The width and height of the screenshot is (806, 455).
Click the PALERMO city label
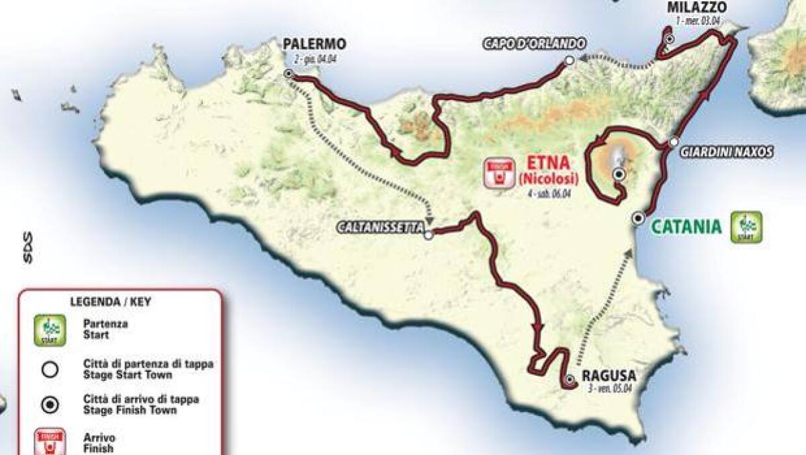(x=314, y=44)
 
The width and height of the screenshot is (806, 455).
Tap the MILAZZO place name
(x=697, y=7)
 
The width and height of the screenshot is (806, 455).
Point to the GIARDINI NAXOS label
(x=726, y=153)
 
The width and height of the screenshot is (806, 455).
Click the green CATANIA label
(x=686, y=226)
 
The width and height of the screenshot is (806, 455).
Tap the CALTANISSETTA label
(x=381, y=229)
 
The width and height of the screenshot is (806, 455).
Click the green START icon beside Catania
(x=746, y=227)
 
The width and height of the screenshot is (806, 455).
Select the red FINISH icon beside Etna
(x=498, y=173)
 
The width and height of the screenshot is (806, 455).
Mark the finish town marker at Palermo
(x=288, y=74)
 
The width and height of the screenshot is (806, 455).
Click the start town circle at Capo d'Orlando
(x=569, y=60)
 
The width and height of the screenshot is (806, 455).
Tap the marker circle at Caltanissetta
(x=428, y=235)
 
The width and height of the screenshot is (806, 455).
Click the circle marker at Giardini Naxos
(x=674, y=142)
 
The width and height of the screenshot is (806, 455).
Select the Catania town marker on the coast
(x=638, y=217)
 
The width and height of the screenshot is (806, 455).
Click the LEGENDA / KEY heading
(x=110, y=302)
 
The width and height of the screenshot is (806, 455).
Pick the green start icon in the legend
(x=50, y=330)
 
